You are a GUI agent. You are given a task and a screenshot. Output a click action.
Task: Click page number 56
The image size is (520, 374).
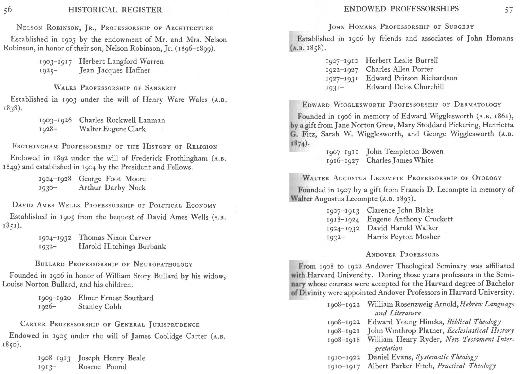8,10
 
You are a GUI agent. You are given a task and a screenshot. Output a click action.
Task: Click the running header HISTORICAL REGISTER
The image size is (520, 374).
115,10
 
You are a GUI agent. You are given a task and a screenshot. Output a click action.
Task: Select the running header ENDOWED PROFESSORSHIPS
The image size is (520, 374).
401,9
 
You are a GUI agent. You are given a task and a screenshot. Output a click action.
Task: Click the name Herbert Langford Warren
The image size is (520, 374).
121,62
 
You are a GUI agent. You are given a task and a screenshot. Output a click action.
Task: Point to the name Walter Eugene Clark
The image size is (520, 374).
112,129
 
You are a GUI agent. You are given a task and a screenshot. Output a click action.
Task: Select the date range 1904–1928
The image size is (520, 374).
55,179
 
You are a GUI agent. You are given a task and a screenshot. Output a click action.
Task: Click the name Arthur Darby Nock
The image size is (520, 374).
112,188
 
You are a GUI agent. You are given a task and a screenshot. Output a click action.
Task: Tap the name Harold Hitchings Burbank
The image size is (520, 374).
122,246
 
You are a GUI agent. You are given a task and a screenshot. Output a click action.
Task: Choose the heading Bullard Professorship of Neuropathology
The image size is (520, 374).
114,264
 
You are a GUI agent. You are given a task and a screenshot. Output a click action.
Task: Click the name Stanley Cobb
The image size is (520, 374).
100,307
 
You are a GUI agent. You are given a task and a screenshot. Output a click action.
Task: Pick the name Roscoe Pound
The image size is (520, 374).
102,367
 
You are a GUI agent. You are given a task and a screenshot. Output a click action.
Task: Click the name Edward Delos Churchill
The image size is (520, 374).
405,87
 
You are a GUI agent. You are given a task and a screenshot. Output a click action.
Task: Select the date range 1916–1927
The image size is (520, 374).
342,161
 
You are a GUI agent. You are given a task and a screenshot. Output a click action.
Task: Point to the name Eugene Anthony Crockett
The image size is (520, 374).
410,219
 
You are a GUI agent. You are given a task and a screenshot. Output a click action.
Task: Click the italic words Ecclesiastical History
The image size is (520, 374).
480,330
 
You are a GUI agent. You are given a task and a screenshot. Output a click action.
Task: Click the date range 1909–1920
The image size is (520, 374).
55,298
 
